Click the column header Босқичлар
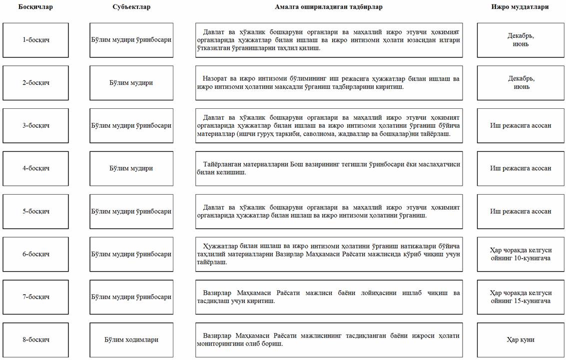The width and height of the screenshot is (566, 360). point(35,7)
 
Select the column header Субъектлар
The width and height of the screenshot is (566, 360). point(131,7)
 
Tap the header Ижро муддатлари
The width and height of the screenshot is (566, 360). point(520,7)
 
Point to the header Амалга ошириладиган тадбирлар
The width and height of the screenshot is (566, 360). point(329,7)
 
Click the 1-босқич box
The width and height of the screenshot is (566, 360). point(35,40)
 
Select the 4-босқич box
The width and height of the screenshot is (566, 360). point(35,168)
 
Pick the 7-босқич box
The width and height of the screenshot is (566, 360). point(35,297)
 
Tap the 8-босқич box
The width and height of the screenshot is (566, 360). point(35,340)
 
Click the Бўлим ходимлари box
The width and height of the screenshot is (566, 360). point(131,340)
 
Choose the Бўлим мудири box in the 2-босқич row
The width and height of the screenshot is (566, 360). point(131,83)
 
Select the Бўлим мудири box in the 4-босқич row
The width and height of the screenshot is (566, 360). point(131,168)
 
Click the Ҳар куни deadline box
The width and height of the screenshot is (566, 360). point(520,340)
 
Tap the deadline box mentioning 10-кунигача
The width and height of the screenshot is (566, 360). point(520,254)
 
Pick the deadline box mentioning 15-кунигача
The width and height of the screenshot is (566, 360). point(520,297)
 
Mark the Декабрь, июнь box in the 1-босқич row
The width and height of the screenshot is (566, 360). point(520,40)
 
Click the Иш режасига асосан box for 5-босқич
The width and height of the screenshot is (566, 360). point(520,211)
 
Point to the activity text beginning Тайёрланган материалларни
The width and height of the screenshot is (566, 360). point(329,168)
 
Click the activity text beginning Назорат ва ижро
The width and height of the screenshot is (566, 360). point(329,83)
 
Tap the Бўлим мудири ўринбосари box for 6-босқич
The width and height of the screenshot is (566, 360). point(131,254)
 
